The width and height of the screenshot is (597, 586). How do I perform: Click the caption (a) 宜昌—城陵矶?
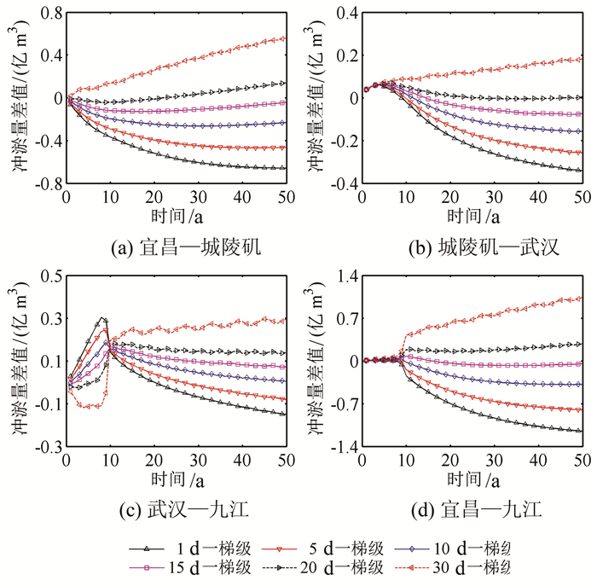[175, 247]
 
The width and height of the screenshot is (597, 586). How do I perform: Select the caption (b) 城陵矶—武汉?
[472, 247]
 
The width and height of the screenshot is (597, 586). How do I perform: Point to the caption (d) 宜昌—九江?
[472, 512]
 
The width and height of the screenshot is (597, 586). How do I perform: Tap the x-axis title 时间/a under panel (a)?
[176, 218]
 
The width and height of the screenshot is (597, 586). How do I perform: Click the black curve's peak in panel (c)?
[102, 318]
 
